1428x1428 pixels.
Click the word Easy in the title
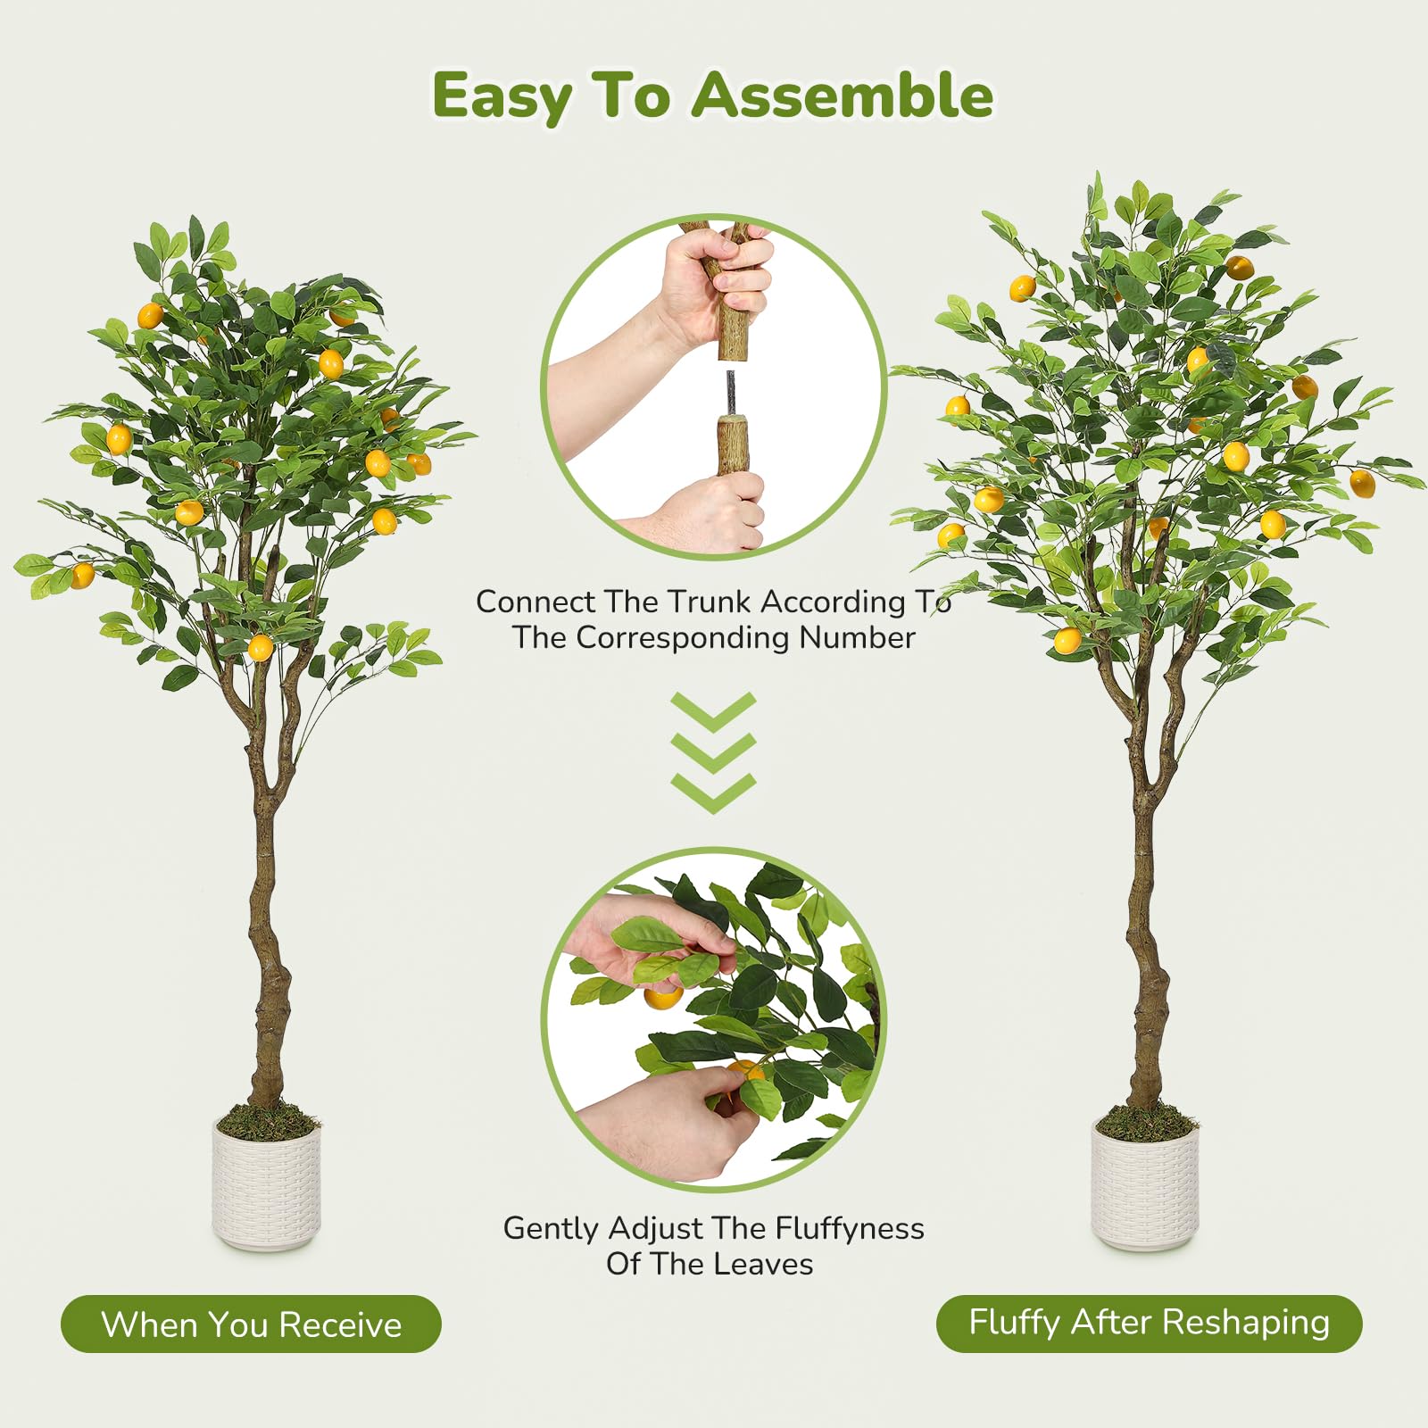[x=501, y=96]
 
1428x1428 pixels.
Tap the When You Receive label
[x=251, y=1324]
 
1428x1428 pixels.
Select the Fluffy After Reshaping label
[x=1149, y=1323]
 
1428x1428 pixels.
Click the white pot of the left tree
[x=266, y=1184]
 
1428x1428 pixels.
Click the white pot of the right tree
[x=1145, y=1184]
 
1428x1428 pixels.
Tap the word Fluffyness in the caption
[x=849, y=1230]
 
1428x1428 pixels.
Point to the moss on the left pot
[x=266, y=1121]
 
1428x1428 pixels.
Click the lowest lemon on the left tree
[x=260, y=647]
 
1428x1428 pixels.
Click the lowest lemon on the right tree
[x=1067, y=640]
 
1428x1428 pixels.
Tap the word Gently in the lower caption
[x=550, y=1230]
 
